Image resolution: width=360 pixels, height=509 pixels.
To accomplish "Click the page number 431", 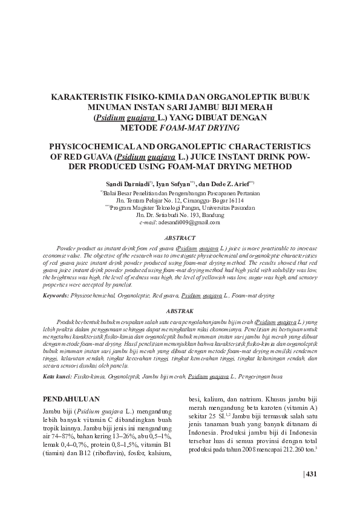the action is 311,473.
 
